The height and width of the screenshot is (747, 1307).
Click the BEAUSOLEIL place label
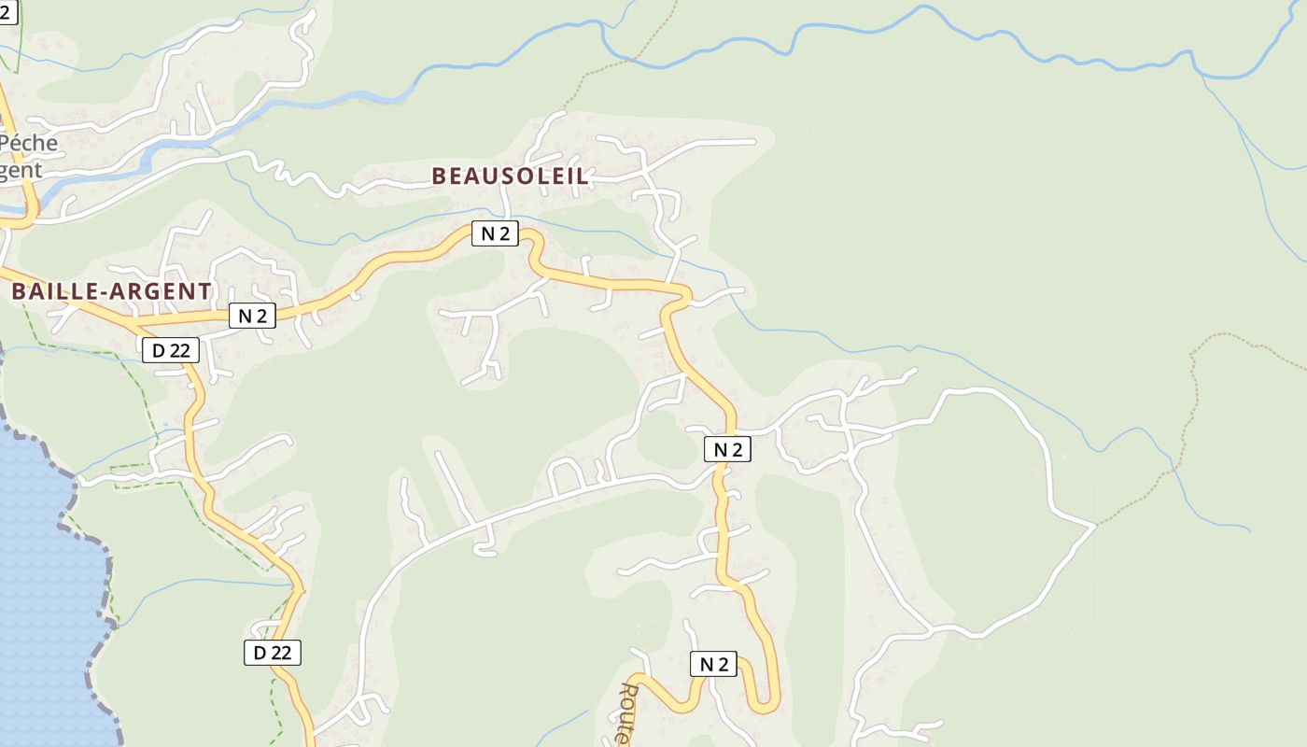[x=510, y=176]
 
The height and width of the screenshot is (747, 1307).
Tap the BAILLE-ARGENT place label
[x=111, y=291]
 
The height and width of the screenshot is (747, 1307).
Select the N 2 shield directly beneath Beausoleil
[x=494, y=233]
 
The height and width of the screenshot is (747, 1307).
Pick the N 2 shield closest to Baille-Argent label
[x=252, y=316]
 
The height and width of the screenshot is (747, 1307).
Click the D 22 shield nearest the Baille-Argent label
[x=171, y=350]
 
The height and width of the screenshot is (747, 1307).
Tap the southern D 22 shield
[x=273, y=653]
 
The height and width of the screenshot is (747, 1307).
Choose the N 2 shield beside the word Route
[x=713, y=664]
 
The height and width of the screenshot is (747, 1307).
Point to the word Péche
[x=29, y=144]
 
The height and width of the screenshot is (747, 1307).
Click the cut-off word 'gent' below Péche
[x=21, y=170]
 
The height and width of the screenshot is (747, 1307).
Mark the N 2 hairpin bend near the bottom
[x=767, y=706]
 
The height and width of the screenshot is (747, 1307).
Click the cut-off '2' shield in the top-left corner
[x=7, y=11]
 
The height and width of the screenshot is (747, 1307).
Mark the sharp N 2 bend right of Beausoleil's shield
[x=533, y=245]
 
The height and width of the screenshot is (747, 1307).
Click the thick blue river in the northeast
[x=934, y=13]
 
